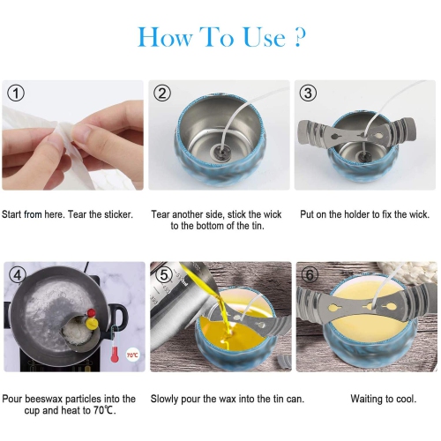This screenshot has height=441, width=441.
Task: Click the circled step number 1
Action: click(16, 93)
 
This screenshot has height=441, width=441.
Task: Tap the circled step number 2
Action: click(162, 93)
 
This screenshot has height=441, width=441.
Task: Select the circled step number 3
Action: click(308, 93)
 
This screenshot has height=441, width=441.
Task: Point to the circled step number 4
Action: click(18, 275)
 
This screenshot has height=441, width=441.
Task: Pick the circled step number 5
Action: click(164, 275)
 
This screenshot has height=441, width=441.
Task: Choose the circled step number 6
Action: click(310, 275)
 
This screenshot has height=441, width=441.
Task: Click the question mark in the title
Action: click(300, 38)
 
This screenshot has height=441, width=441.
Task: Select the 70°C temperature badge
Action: click(132, 355)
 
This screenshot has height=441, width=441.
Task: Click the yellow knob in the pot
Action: click(92, 324)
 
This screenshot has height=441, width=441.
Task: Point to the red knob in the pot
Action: click(92, 312)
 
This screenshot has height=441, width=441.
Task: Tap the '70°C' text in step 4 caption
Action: click(103, 410)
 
